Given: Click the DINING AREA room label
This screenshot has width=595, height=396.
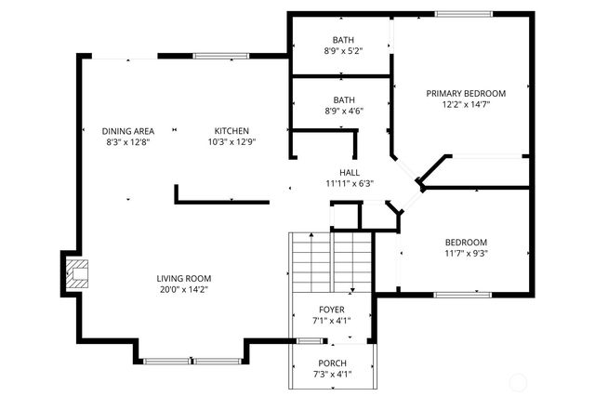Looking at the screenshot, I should (128, 131).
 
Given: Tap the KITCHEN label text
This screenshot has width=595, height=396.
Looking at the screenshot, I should (231, 131).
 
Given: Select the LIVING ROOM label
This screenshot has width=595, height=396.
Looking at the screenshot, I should (183, 278).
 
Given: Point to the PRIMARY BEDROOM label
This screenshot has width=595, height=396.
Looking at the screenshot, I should (466, 94).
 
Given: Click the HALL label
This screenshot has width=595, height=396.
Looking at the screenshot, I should (350, 173).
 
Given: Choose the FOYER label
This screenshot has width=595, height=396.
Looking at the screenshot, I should (331, 310).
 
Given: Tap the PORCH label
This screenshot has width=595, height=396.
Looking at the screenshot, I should (332, 363).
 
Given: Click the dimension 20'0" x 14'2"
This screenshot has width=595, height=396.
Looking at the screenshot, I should (183, 289).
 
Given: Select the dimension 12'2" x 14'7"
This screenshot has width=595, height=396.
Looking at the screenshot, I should (466, 105).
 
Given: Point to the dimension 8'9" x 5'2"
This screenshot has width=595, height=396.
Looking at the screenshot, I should (344, 51).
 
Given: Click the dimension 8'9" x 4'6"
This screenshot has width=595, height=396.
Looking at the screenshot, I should (344, 111).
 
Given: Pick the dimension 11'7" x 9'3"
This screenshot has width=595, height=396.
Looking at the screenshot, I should (466, 253).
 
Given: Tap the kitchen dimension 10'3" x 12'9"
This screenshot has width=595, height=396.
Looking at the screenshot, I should (231, 142).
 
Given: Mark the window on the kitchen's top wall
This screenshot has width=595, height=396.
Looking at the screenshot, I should (221, 57).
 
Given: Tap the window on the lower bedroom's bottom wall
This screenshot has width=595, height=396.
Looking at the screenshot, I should (463, 295).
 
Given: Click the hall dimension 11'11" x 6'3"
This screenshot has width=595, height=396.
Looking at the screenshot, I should (350, 184).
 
